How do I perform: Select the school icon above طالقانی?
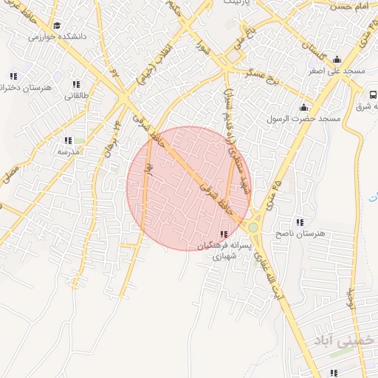tap(76, 84)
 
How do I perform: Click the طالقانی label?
tap(77, 95)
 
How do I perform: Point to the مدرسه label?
tap(68, 151)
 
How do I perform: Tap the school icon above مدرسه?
tap(68, 140)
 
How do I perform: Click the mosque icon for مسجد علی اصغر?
tap(337, 60)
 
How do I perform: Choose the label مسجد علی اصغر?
tap(337, 71)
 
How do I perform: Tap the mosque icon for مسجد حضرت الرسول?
tap(303, 107)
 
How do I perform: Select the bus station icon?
tap(373, 94)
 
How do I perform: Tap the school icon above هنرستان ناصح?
tap(299, 222)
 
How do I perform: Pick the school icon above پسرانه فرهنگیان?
tap(224, 234)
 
